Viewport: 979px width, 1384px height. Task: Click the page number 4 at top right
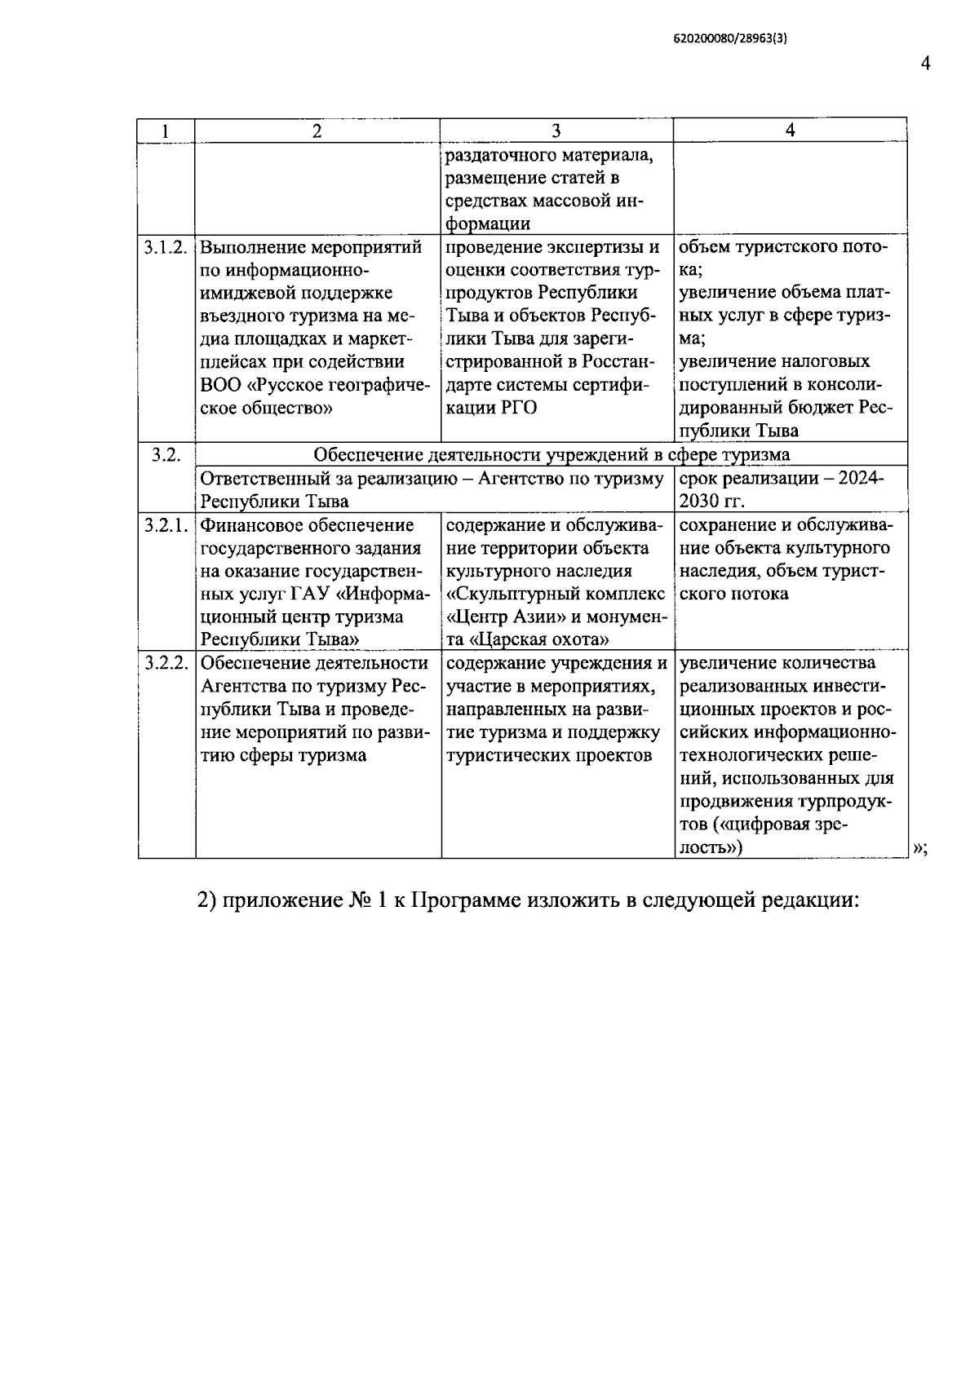(925, 64)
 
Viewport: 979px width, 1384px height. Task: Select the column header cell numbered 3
(556, 131)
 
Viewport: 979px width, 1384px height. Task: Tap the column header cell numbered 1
(166, 131)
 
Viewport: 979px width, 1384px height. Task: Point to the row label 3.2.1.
(166, 525)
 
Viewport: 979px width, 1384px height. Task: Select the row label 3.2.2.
(166, 663)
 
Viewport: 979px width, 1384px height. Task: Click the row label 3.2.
(166, 455)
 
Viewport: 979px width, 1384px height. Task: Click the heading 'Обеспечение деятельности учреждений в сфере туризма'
(552, 455)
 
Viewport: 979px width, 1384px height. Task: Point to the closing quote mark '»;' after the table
(919, 847)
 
